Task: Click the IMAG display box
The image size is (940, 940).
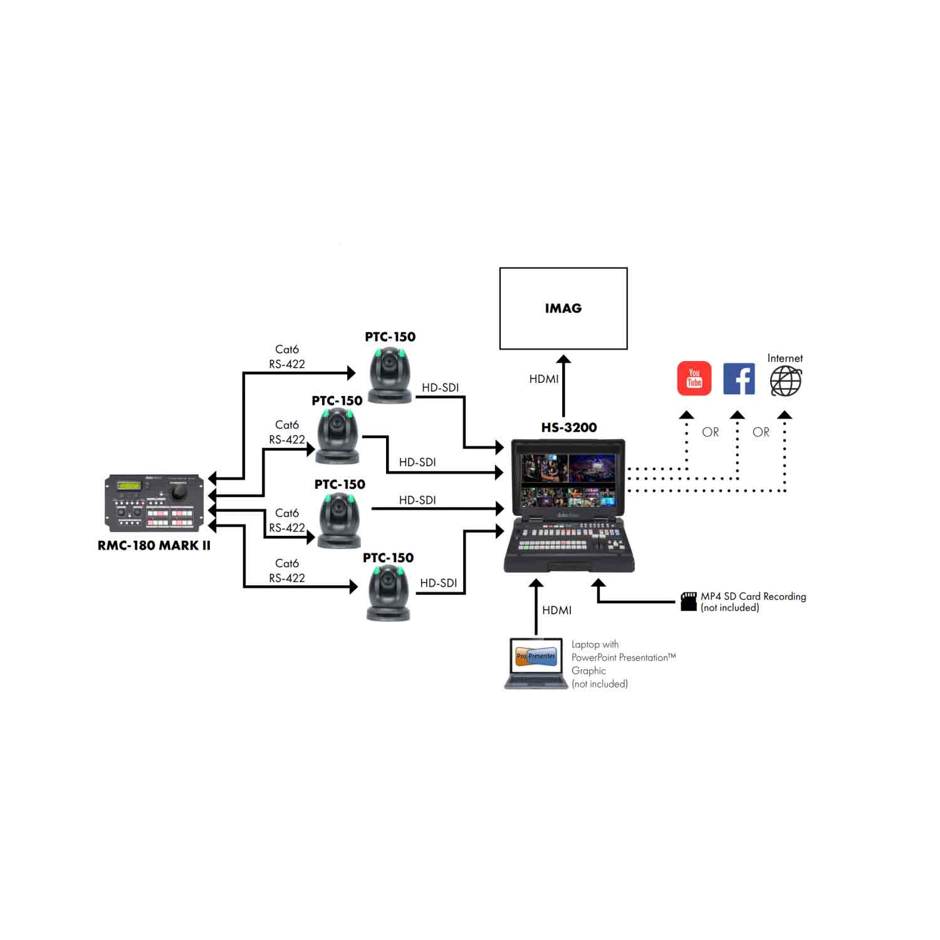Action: click(563, 308)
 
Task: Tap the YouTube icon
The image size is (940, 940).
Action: click(694, 379)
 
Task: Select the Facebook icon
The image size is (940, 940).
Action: click(739, 379)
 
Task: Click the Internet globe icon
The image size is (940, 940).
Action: click(785, 381)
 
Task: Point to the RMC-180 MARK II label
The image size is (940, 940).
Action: click(154, 546)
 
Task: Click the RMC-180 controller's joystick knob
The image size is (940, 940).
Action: click(179, 494)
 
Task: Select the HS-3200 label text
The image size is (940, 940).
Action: click(569, 427)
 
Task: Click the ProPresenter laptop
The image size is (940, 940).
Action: click(536, 663)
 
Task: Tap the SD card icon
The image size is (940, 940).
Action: click(689, 601)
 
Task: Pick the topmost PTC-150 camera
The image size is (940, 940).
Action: click(390, 375)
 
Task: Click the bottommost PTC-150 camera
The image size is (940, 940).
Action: click(389, 593)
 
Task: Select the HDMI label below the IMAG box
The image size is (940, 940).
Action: click(543, 379)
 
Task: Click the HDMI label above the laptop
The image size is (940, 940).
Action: click(556, 610)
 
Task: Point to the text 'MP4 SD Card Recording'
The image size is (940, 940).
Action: click(753, 597)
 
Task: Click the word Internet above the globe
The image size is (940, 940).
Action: click(785, 358)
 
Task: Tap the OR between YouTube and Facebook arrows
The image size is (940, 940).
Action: click(710, 432)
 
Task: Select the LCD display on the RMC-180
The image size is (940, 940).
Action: click(130, 486)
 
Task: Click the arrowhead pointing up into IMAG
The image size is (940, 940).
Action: click(563, 360)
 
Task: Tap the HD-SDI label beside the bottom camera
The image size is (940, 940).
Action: click(438, 583)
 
